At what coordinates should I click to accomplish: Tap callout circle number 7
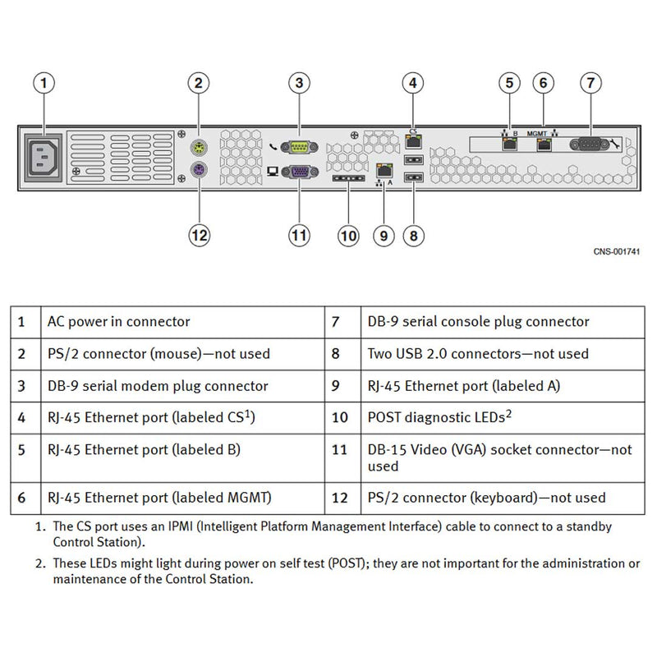(590, 83)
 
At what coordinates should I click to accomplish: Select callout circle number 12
(200, 235)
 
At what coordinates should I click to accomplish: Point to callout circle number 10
(349, 235)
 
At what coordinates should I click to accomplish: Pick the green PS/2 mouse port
(198, 147)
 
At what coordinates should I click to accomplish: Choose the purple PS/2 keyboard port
(198, 171)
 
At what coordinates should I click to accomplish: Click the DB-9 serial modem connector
(299, 147)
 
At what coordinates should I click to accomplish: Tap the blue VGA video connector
(299, 172)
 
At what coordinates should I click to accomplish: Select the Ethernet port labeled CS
(413, 140)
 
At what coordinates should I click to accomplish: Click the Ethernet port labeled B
(510, 145)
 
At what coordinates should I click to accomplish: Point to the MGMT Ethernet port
(543, 145)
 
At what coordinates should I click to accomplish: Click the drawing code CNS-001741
(616, 251)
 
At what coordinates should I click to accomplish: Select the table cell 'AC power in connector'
(119, 322)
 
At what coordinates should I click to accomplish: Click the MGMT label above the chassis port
(538, 131)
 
